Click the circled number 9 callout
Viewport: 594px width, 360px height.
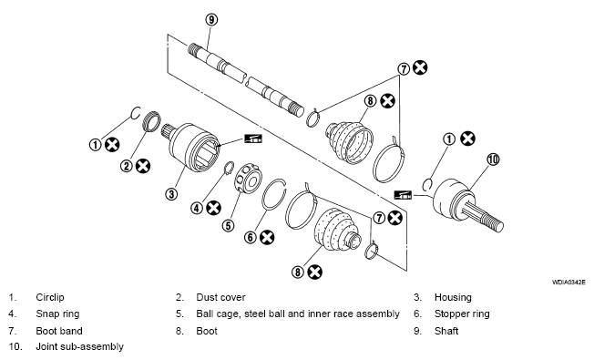(x=211, y=19)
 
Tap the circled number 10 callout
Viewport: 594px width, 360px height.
(x=493, y=159)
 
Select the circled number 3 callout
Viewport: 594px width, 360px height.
(x=171, y=194)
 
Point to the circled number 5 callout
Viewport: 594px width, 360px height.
(x=228, y=226)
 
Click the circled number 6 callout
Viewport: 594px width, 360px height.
(x=251, y=237)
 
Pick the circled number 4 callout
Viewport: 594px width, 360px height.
(x=197, y=208)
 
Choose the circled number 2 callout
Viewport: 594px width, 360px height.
(x=127, y=166)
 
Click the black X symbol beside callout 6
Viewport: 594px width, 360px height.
(x=267, y=237)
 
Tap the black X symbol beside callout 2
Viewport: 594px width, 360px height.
(x=143, y=166)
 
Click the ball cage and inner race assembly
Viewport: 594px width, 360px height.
(x=248, y=178)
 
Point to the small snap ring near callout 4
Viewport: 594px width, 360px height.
(x=227, y=169)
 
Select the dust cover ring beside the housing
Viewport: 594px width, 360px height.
(x=153, y=121)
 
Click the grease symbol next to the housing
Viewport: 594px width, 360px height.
(x=253, y=139)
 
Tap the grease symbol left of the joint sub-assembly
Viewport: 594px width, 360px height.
(x=403, y=195)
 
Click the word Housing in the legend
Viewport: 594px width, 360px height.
(x=453, y=297)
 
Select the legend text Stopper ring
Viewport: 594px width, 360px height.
(x=462, y=314)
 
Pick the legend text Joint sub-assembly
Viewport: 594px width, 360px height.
(x=79, y=346)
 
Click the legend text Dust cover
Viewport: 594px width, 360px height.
(x=220, y=297)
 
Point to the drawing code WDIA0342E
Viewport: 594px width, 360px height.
(x=568, y=282)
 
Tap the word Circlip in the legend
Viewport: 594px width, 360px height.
(x=50, y=297)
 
